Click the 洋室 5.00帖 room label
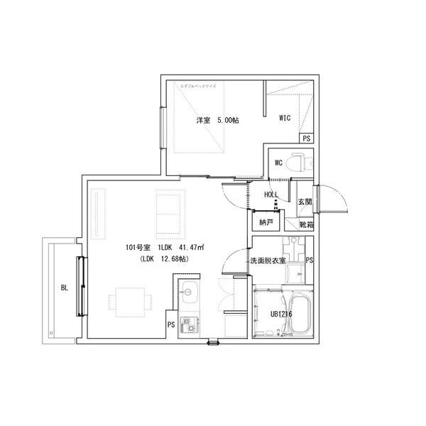point(217,120)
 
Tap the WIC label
point(285,118)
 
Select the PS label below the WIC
point(306,138)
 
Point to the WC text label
point(279,163)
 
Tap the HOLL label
point(271,195)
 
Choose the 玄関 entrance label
point(305,202)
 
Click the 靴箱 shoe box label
point(306,225)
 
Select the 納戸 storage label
point(266,223)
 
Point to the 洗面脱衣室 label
point(268,261)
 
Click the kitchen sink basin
point(190,293)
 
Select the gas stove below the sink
point(190,326)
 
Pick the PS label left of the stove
point(171,324)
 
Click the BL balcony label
point(65,288)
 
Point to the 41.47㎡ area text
point(192,247)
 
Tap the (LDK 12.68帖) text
point(164,259)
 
